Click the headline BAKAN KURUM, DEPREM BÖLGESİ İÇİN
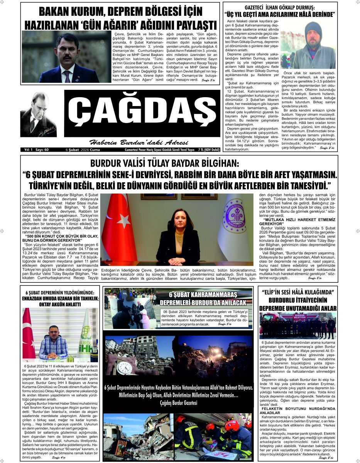tap(120, 11)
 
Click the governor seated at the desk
tap(178, 235)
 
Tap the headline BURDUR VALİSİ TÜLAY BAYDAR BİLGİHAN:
tap(165, 164)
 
